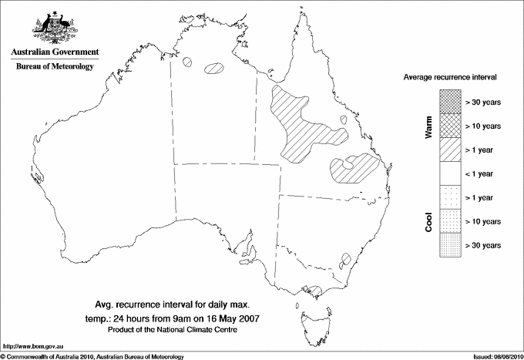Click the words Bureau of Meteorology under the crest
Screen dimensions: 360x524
pos(55,67)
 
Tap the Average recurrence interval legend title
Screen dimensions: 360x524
pos(455,79)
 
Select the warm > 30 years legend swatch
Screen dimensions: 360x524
pos(449,101)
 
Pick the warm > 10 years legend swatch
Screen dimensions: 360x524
pos(449,125)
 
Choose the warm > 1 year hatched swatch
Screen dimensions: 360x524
pos(449,149)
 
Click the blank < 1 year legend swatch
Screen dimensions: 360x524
pos(449,173)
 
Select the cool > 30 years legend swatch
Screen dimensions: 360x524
pos(449,245)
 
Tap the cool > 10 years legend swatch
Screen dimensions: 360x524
pos(449,221)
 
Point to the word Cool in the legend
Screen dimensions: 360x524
pos(429,222)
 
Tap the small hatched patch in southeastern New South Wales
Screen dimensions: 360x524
pos(346,259)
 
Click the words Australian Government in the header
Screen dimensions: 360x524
pos(55,52)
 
